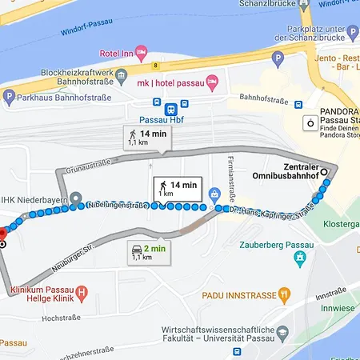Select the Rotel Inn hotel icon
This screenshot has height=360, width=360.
[x=141, y=53]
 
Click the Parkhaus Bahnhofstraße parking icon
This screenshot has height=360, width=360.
[x=9, y=98]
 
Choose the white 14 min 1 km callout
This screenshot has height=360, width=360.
[x=178, y=189]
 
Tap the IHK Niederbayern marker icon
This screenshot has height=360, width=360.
[x=75, y=198]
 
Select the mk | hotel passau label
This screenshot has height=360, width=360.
[x=168, y=82]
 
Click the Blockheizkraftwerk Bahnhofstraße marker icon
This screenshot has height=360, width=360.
[x=120, y=76]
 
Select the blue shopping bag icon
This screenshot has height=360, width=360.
[x=215, y=194]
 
